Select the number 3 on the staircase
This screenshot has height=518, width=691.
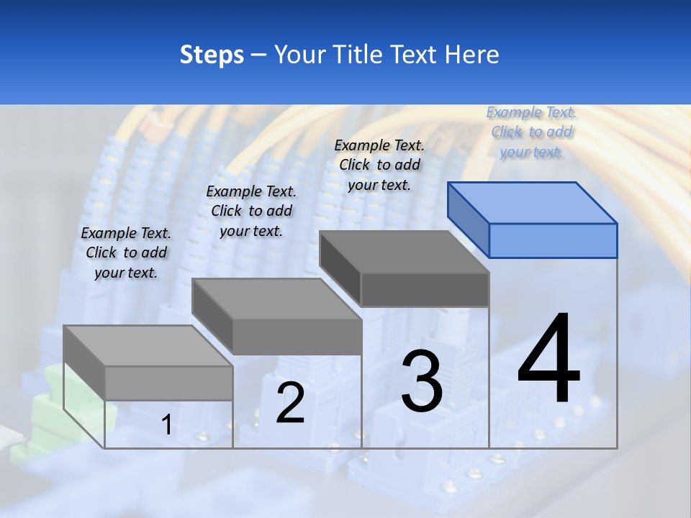(422, 381)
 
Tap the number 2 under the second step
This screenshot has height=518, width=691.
(291, 403)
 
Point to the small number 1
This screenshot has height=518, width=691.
(166, 425)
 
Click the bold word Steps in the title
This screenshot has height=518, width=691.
(212, 55)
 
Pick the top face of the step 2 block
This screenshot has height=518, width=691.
(276, 299)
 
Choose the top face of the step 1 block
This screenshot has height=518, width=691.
(148, 345)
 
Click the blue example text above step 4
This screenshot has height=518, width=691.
(531, 132)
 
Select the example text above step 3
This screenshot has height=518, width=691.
(379, 165)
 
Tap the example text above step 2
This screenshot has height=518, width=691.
(251, 211)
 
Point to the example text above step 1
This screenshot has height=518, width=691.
(126, 253)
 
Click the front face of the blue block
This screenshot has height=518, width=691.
(553, 240)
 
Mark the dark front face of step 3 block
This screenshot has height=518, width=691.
(425, 289)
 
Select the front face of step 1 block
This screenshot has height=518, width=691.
(168, 383)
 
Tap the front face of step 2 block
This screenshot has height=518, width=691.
(297, 337)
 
